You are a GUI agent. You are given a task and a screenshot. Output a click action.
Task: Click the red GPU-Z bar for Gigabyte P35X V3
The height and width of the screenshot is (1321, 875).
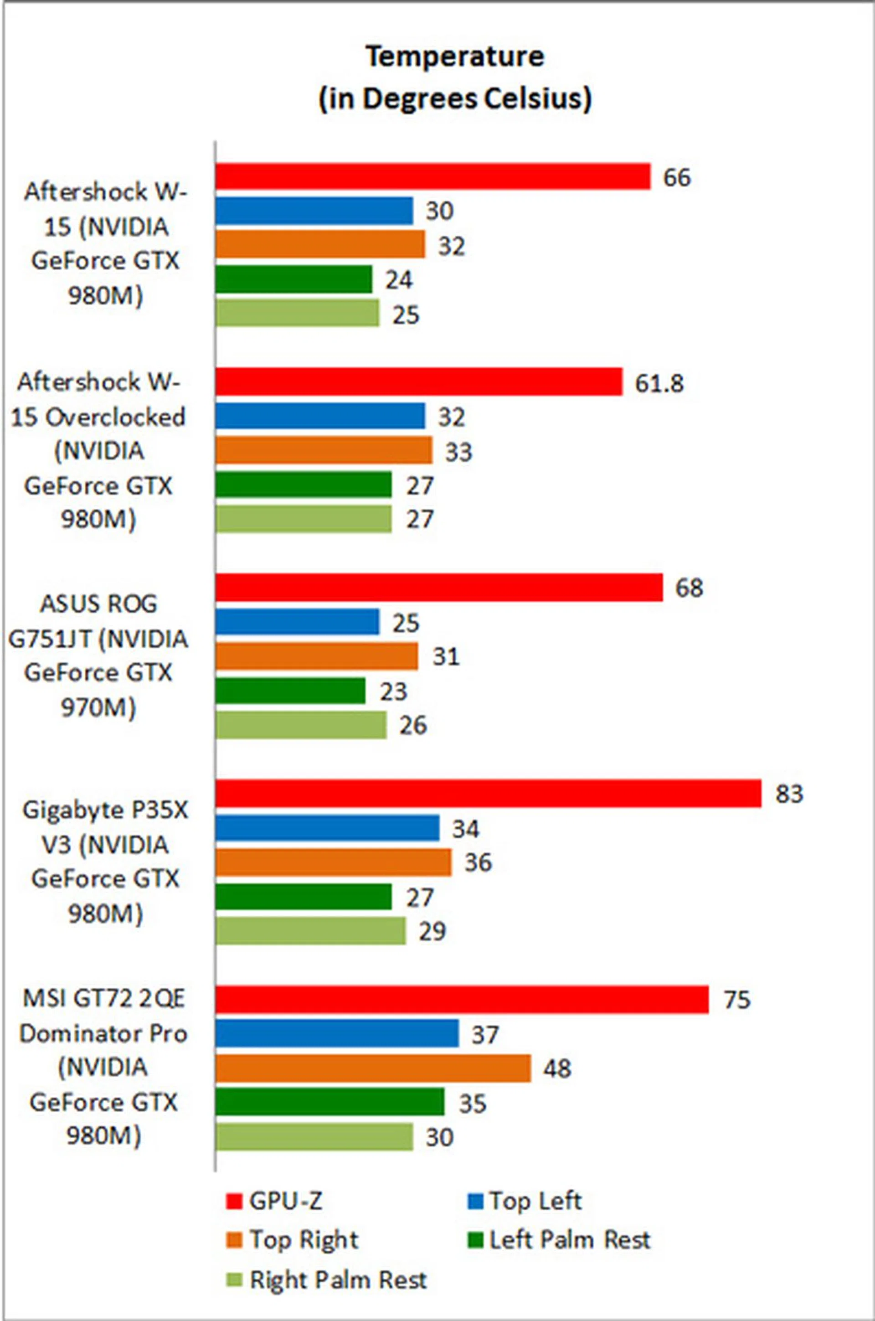coord(488,793)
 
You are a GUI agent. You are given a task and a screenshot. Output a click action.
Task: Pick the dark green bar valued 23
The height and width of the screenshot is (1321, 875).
coord(290,691)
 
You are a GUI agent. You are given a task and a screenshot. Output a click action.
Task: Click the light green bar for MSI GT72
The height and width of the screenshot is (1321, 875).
coord(314,1137)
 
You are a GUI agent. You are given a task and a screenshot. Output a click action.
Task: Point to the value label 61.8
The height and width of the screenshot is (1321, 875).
coord(659,383)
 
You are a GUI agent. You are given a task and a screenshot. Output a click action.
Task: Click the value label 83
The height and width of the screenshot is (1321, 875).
coord(789,793)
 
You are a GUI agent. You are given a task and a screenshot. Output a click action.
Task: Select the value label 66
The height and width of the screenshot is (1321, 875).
coord(677,177)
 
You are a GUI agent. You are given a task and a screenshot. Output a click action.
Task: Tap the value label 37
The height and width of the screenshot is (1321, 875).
coord(484,1035)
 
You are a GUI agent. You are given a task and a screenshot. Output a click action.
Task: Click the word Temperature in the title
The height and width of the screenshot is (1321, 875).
coord(455,57)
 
